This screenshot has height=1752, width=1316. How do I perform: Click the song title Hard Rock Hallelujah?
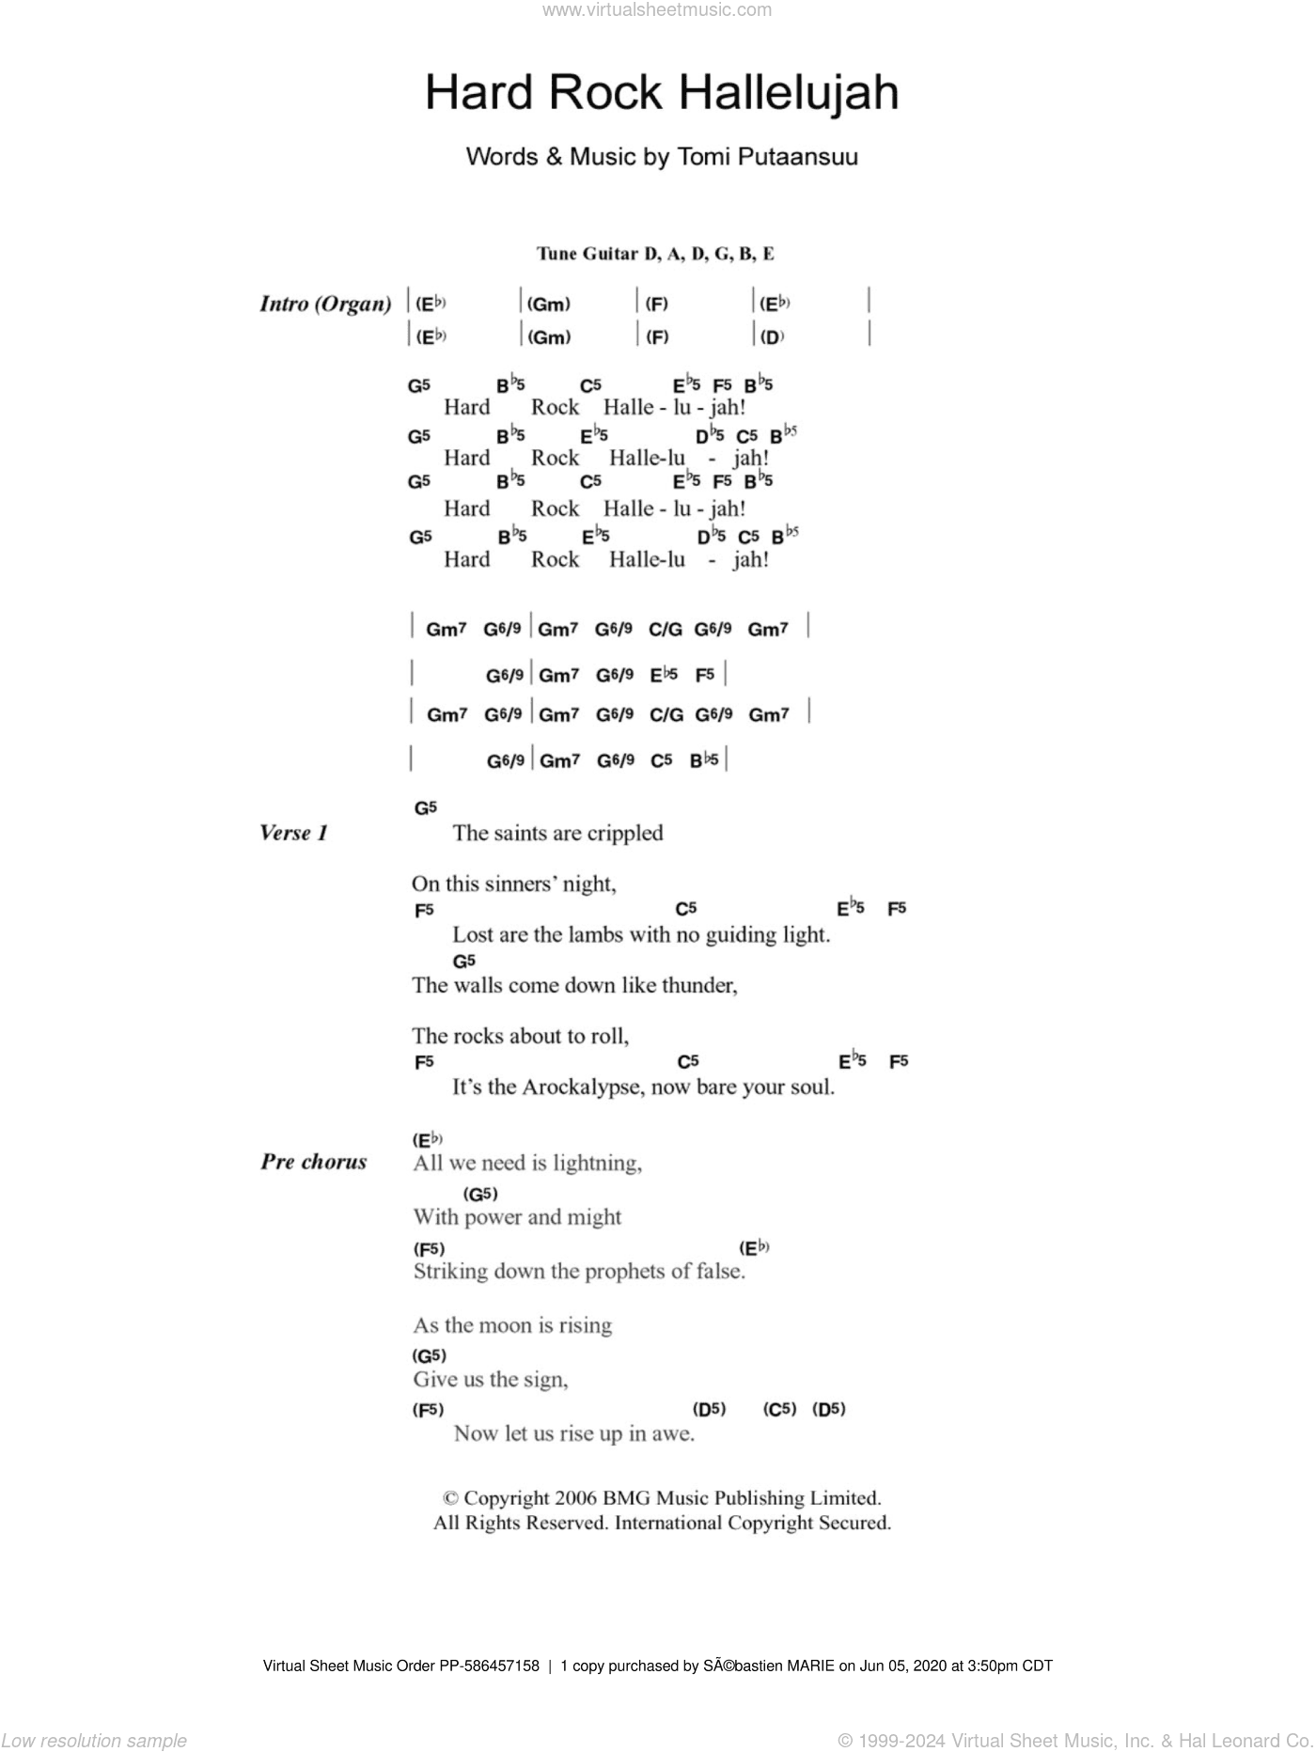(661, 93)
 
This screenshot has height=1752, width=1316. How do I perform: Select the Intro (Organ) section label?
(325, 304)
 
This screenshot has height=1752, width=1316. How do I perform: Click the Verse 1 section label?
(293, 833)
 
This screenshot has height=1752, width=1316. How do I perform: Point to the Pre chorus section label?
(314, 1162)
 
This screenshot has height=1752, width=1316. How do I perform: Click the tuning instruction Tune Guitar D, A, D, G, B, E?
(655, 254)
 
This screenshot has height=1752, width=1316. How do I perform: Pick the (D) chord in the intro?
(771, 337)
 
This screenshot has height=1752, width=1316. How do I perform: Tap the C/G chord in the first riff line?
(666, 629)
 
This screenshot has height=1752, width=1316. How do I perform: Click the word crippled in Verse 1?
(624, 834)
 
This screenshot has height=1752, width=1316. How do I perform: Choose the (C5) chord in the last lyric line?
(779, 1409)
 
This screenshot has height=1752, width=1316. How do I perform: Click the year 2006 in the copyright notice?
(591, 1498)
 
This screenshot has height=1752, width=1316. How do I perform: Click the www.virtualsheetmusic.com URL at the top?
(657, 10)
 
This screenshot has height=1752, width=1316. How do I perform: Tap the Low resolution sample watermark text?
(94, 1740)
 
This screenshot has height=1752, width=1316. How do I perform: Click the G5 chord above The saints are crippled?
(426, 807)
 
